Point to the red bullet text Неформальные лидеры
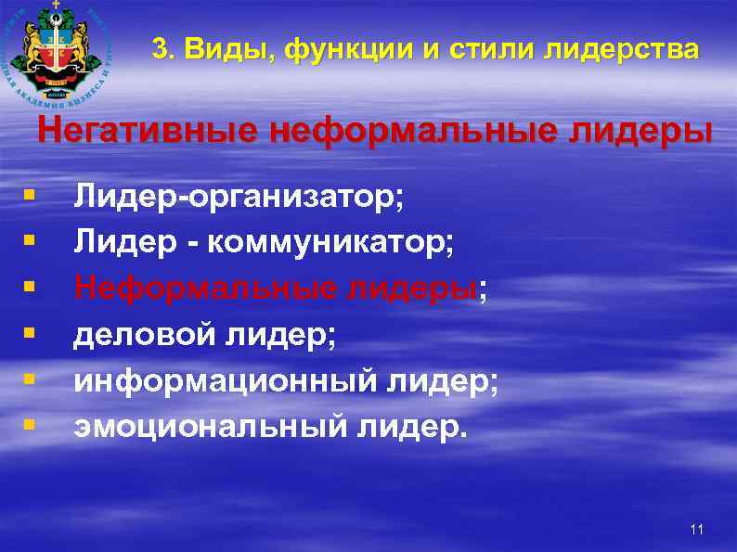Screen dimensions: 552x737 pos(275,289)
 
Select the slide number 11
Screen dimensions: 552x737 pos(697,530)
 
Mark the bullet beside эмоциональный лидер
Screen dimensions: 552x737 pos(31,426)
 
